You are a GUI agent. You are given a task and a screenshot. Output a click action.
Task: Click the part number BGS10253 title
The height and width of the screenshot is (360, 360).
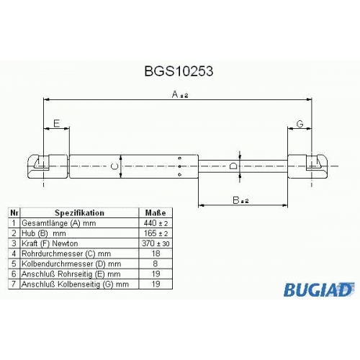[x=179, y=71]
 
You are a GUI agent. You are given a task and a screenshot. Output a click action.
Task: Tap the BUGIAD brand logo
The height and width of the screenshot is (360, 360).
[x=319, y=289]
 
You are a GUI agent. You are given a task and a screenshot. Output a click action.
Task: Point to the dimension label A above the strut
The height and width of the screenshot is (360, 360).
[x=180, y=94]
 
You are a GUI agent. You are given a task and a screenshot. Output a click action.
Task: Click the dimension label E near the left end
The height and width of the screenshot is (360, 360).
[x=56, y=123]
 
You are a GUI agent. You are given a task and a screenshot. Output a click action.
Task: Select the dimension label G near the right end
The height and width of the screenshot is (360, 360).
[x=300, y=124]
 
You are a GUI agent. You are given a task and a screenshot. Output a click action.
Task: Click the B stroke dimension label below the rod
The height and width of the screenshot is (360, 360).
[x=240, y=200]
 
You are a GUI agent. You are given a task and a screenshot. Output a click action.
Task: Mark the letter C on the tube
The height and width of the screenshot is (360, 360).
[x=114, y=166]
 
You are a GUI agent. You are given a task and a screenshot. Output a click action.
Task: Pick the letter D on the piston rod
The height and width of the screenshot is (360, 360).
[x=233, y=166]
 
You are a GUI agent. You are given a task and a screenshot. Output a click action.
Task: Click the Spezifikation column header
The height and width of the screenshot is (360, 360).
[x=79, y=213]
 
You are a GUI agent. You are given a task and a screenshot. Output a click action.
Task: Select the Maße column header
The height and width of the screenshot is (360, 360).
[x=156, y=213]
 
